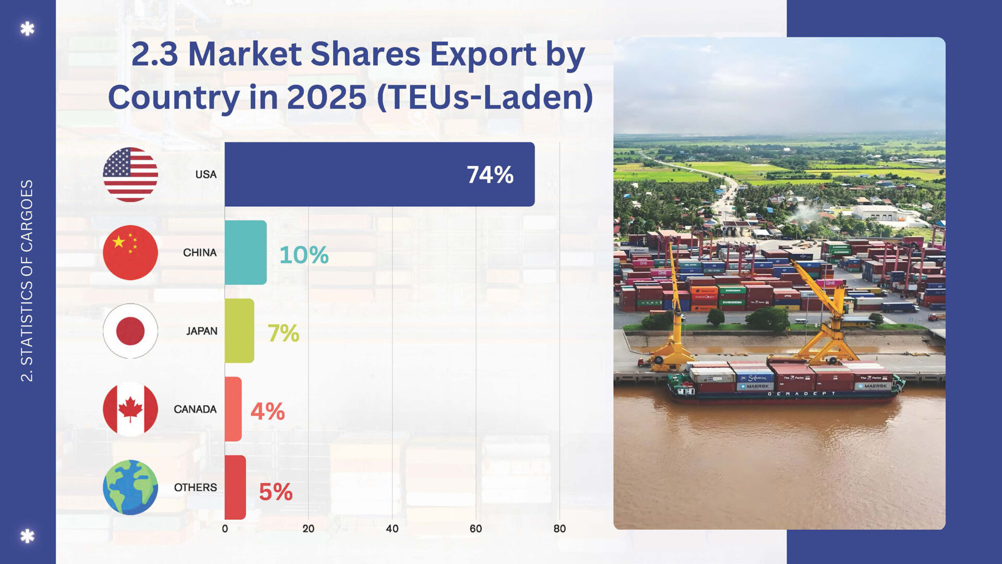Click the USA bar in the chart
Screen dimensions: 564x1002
pyautogui.click(x=379, y=174)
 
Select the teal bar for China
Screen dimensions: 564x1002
pyautogui.click(x=245, y=252)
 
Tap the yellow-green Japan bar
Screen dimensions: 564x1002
pyautogui.click(x=239, y=331)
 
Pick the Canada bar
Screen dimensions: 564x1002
pyautogui.click(x=233, y=409)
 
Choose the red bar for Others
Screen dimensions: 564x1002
pyautogui.click(x=235, y=487)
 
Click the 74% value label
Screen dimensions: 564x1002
pyautogui.click(x=490, y=175)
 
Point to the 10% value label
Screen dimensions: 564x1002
pyautogui.click(x=304, y=255)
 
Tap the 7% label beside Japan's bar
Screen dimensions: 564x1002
pyautogui.click(x=283, y=333)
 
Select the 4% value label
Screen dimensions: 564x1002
pyautogui.click(x=268, y=412)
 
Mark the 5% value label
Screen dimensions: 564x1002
pyautogui.click(x=276, y=491)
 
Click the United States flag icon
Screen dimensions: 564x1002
pyautogui.click(x=130, y=174)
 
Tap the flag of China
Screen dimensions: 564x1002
pyautogui.click(x=130, y=252)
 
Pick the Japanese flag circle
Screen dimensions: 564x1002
pyautogui.click(x=130, y=331)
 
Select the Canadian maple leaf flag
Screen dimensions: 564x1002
pyautogui.click(x=130, y=409)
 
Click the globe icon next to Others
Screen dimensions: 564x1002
pyautogui.click(x=130, y=487)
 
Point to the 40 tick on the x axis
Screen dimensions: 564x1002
pyautogui.click(x=392, y=528)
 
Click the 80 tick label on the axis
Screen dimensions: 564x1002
pyautogui.click(x=559, y=528)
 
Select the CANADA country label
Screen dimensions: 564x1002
pyautogui.click(x=195, y=409)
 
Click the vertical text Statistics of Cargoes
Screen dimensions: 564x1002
pyautogui.click(x=27, y=280)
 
